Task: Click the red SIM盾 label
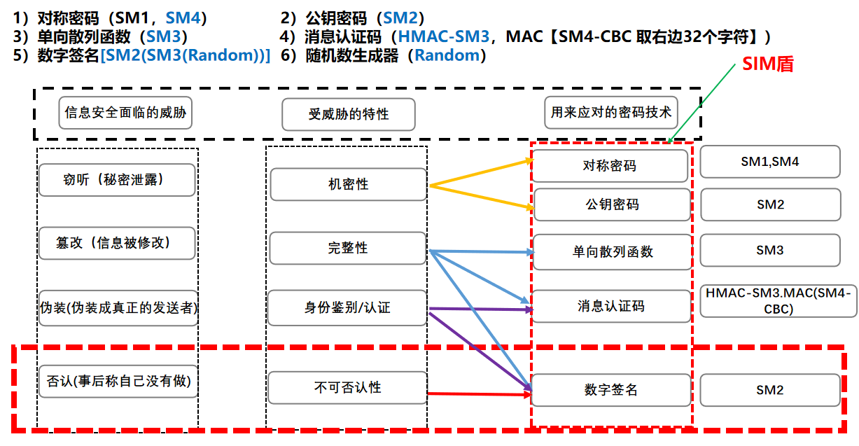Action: (x=767, y=64)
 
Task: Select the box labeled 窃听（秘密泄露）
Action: (x=117, y=180)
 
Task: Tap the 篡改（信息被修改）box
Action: (x=117, y=243)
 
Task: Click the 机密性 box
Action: (x=348, y=185)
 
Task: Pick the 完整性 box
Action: (x=348, y=249)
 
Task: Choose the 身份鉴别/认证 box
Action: (x=348, y=307)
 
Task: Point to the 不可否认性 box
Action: (x=348, y=387)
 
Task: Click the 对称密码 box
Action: (x=610, y=166)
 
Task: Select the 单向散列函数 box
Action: (x=610, y=251)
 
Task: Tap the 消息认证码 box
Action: (x=610, y=306)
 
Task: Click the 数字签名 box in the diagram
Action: (x=610, y=390)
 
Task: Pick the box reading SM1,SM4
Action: (x=769, y=162)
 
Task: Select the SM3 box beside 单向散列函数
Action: (x=769, y=250)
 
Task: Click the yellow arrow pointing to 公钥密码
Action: (x=483, y=197)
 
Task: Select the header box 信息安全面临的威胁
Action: (x=126, y=112)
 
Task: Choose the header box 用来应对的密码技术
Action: (x=610, y=112)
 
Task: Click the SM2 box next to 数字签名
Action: (x=769, y=390)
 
